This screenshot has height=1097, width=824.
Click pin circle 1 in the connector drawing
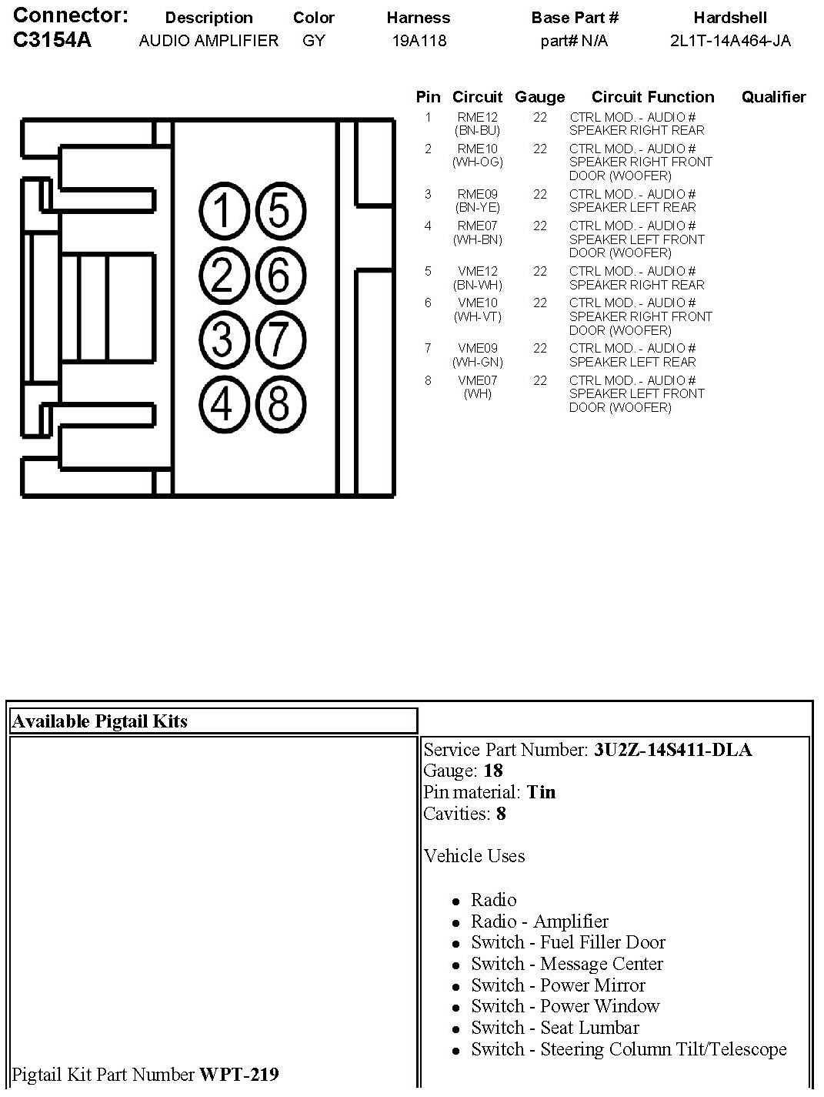[x=222, y=211]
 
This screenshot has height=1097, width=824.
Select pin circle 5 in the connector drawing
[x=279, y=211]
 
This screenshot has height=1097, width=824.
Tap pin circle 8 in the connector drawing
[x=279, y=403]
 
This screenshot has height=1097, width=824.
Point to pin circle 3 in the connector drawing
[x=222, y=339]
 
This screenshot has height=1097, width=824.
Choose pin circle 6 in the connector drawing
[x=279, y=275]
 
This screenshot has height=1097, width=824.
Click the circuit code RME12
[x=477, y=117]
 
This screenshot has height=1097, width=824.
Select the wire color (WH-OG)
[x=477, y=162]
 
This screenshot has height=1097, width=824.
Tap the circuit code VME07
[x=477, y=380]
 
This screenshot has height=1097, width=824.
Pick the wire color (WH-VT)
[x=477, y=316]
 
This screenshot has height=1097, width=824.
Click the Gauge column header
[x=539, y=97]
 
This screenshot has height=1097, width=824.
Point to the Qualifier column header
[x=773, y=97]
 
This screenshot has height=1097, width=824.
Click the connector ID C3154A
[x=52, y=40]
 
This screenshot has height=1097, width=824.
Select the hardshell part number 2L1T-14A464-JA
[x=730, y=41]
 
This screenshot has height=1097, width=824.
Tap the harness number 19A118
[x=419, y=41]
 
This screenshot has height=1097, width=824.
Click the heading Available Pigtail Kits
[x=100, y=721]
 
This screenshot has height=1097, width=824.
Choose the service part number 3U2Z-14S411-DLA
[x=672, y=750]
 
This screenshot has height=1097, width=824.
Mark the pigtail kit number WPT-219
[x=239, y=1074]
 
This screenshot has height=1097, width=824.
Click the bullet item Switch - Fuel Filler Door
[x=568, y=942]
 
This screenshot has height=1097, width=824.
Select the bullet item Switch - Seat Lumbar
[x=555, y=1028]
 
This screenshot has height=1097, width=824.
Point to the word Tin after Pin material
[x=541, y=792]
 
